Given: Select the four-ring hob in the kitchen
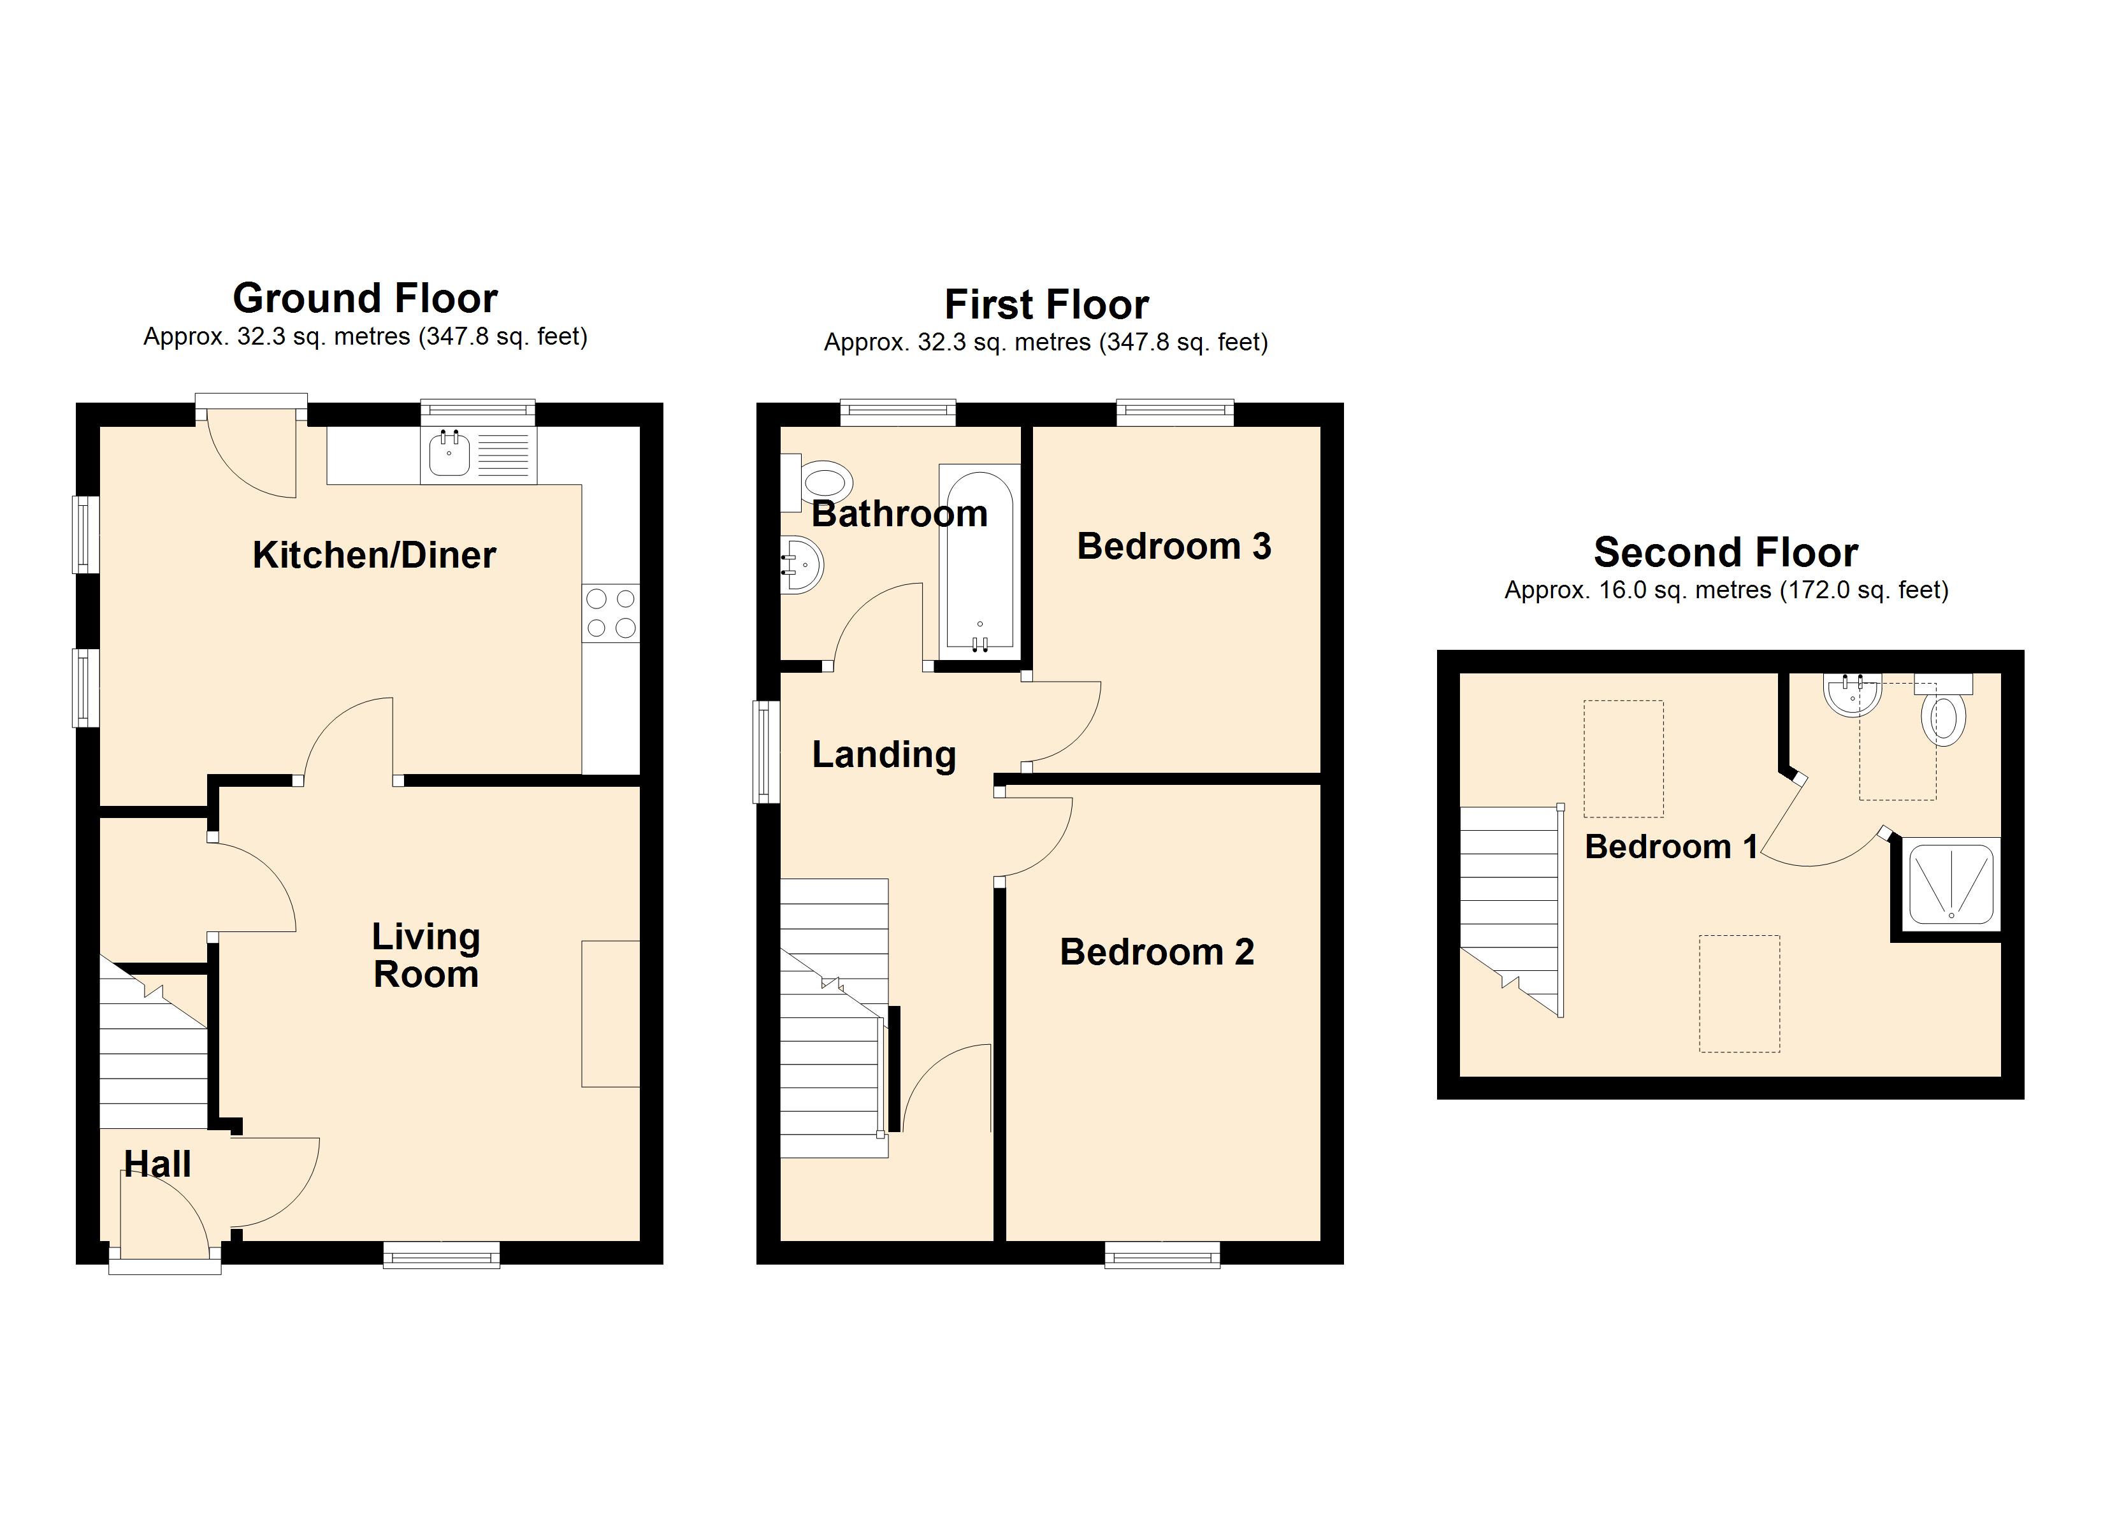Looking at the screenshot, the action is click(611, 613).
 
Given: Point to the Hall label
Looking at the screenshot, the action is click(157, 1164).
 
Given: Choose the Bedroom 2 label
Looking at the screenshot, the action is click(1157, 952).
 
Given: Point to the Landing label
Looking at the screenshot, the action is click(884, 755).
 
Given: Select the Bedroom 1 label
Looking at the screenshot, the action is click(1671, 847).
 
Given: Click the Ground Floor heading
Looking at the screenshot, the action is click(365, 299).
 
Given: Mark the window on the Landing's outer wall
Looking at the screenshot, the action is click(766, 751).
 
